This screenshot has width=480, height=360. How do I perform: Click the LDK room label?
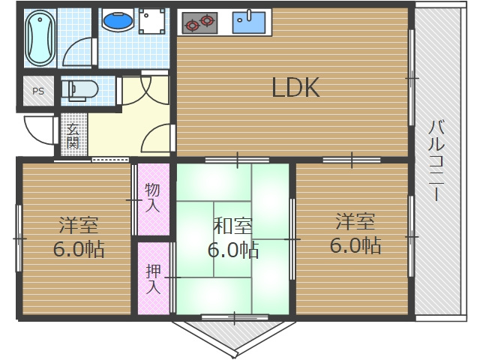click(x=295, y=88)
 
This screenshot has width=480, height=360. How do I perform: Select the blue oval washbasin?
click(x=116, y=22)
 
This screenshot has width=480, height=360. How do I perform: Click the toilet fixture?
click(x=79, y=90)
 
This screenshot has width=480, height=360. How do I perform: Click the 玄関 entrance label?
click(x=73, y=136)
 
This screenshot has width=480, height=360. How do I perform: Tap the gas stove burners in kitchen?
click(x=199, y=22)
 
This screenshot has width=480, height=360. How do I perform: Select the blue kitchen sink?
click(x=248, y=22)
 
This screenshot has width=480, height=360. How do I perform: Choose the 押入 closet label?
click(x=152, y=277)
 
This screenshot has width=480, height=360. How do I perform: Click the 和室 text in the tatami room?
click(x=232, y=224)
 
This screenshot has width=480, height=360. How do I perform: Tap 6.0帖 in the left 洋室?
click(x=78, y=248)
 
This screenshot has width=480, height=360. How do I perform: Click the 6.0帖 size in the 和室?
click(x=232, y=249)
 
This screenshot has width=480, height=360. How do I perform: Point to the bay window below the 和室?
click(x=234, y=334)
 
